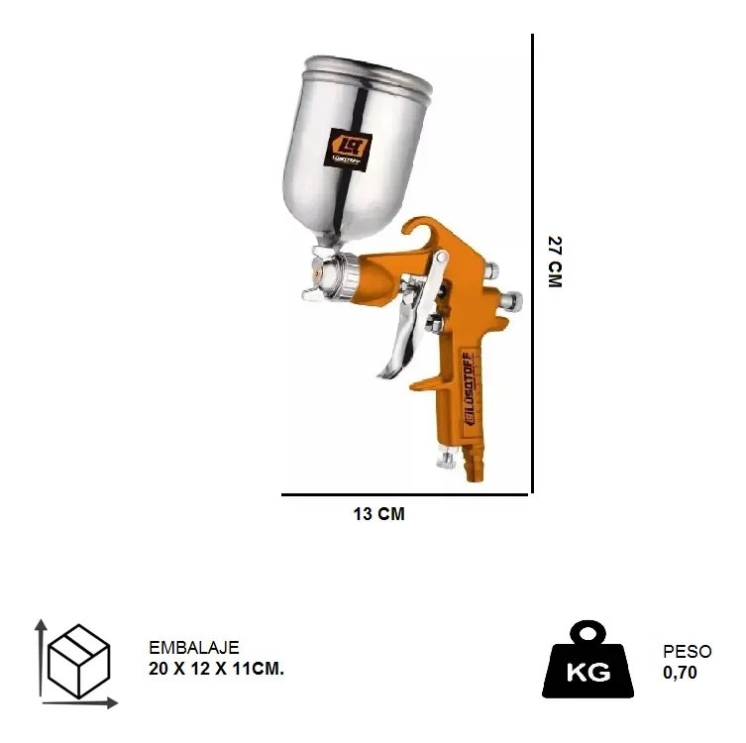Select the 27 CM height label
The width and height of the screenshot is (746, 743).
point(555,262)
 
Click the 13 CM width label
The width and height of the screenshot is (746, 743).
point(378,514)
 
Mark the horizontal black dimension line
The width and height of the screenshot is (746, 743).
point(406,493)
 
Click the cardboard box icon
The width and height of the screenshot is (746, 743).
point(78,661)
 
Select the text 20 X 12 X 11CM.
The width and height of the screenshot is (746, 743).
point(216,669)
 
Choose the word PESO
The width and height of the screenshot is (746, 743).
point(687,651)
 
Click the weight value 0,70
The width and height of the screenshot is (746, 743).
point(680,673)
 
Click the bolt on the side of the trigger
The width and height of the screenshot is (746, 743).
point(433,323)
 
